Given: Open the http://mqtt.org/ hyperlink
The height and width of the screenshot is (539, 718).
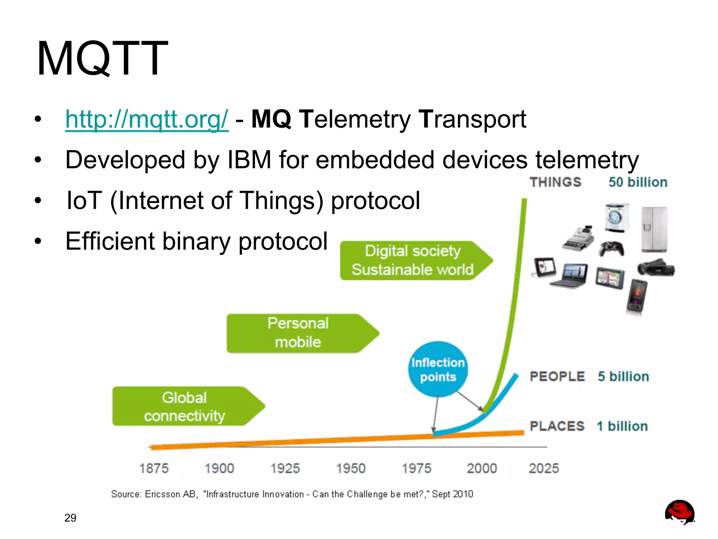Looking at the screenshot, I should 147,119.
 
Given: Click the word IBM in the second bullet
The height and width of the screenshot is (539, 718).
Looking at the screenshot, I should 249,160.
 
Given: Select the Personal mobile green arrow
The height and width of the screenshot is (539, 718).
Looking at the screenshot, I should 298,333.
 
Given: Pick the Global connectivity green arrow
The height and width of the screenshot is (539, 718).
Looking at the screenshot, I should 184,406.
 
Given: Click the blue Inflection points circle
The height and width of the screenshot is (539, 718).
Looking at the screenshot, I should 438,369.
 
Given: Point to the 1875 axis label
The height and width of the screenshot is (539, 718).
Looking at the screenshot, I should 154,469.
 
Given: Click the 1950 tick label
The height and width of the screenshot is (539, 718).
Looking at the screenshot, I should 351,469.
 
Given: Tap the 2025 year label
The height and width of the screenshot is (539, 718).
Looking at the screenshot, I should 544,469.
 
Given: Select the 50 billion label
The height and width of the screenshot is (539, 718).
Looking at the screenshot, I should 638,182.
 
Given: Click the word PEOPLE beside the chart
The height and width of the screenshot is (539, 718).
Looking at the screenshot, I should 557,377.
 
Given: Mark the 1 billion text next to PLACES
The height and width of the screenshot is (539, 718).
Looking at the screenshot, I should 622,426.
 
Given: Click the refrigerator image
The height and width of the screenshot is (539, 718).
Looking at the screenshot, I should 654,229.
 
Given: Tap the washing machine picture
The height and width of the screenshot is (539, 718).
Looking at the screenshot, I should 616,218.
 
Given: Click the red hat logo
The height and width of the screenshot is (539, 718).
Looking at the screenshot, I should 679,513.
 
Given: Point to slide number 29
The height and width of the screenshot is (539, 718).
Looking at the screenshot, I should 70,518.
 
